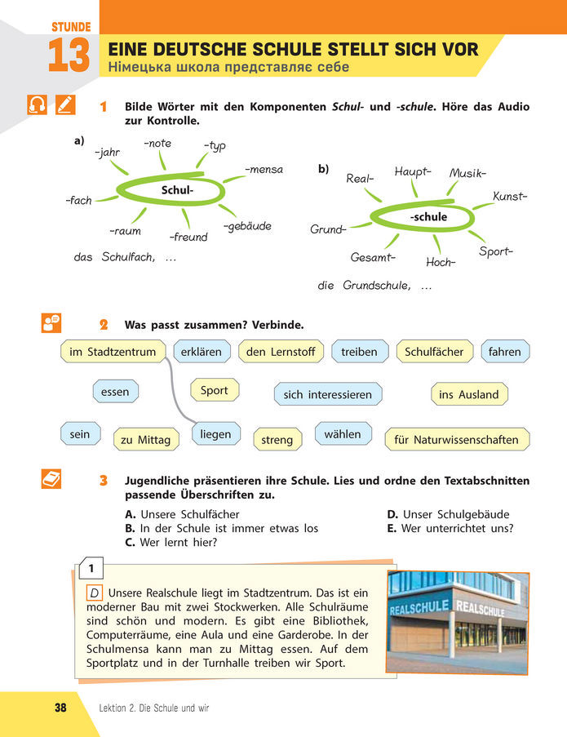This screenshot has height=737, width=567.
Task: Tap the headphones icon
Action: click(38, 105)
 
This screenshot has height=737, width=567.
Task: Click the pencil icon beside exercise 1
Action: click(66, 105)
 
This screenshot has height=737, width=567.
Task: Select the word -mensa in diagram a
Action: click(264, 170)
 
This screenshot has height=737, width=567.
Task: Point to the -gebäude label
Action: click(246, 226)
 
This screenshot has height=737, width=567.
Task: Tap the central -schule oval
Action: click(427, 217)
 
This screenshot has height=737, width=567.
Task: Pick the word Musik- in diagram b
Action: click(467, 173)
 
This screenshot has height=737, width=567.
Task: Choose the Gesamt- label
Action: click(373, 258)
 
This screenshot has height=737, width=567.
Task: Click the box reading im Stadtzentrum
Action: click(113, 352)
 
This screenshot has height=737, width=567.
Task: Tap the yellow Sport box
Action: click(214, 390)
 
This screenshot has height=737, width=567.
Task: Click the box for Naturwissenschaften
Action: click(456, 440)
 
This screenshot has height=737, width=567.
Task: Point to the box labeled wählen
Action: click(342, 434)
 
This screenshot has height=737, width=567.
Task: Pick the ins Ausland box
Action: click(468, 394)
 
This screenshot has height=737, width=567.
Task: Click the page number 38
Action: click(60, 708)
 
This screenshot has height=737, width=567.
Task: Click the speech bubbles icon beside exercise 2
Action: click(51, 324)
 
